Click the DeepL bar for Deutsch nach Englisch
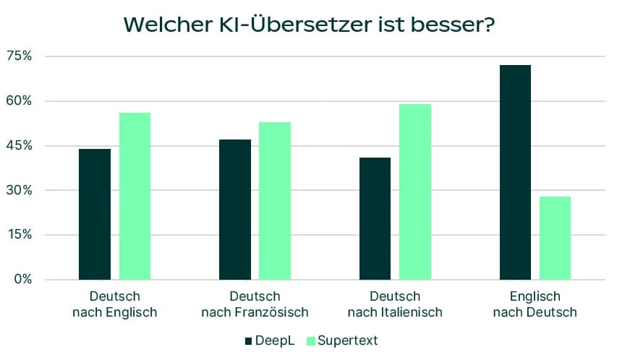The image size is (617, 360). tap(95, 214)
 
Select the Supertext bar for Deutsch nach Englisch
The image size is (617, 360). tap(135, 196)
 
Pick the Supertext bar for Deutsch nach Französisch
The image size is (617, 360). tap(275, 200)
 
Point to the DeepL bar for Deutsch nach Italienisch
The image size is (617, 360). tap(375, 218)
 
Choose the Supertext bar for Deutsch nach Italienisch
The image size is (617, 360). tap(415, 192)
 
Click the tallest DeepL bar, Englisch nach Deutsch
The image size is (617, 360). tap(515, 172)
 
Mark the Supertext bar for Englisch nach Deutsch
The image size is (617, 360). tap(555, 238)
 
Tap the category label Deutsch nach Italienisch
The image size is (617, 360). tap(395, 304)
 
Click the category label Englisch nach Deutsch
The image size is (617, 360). tap(535, 304)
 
